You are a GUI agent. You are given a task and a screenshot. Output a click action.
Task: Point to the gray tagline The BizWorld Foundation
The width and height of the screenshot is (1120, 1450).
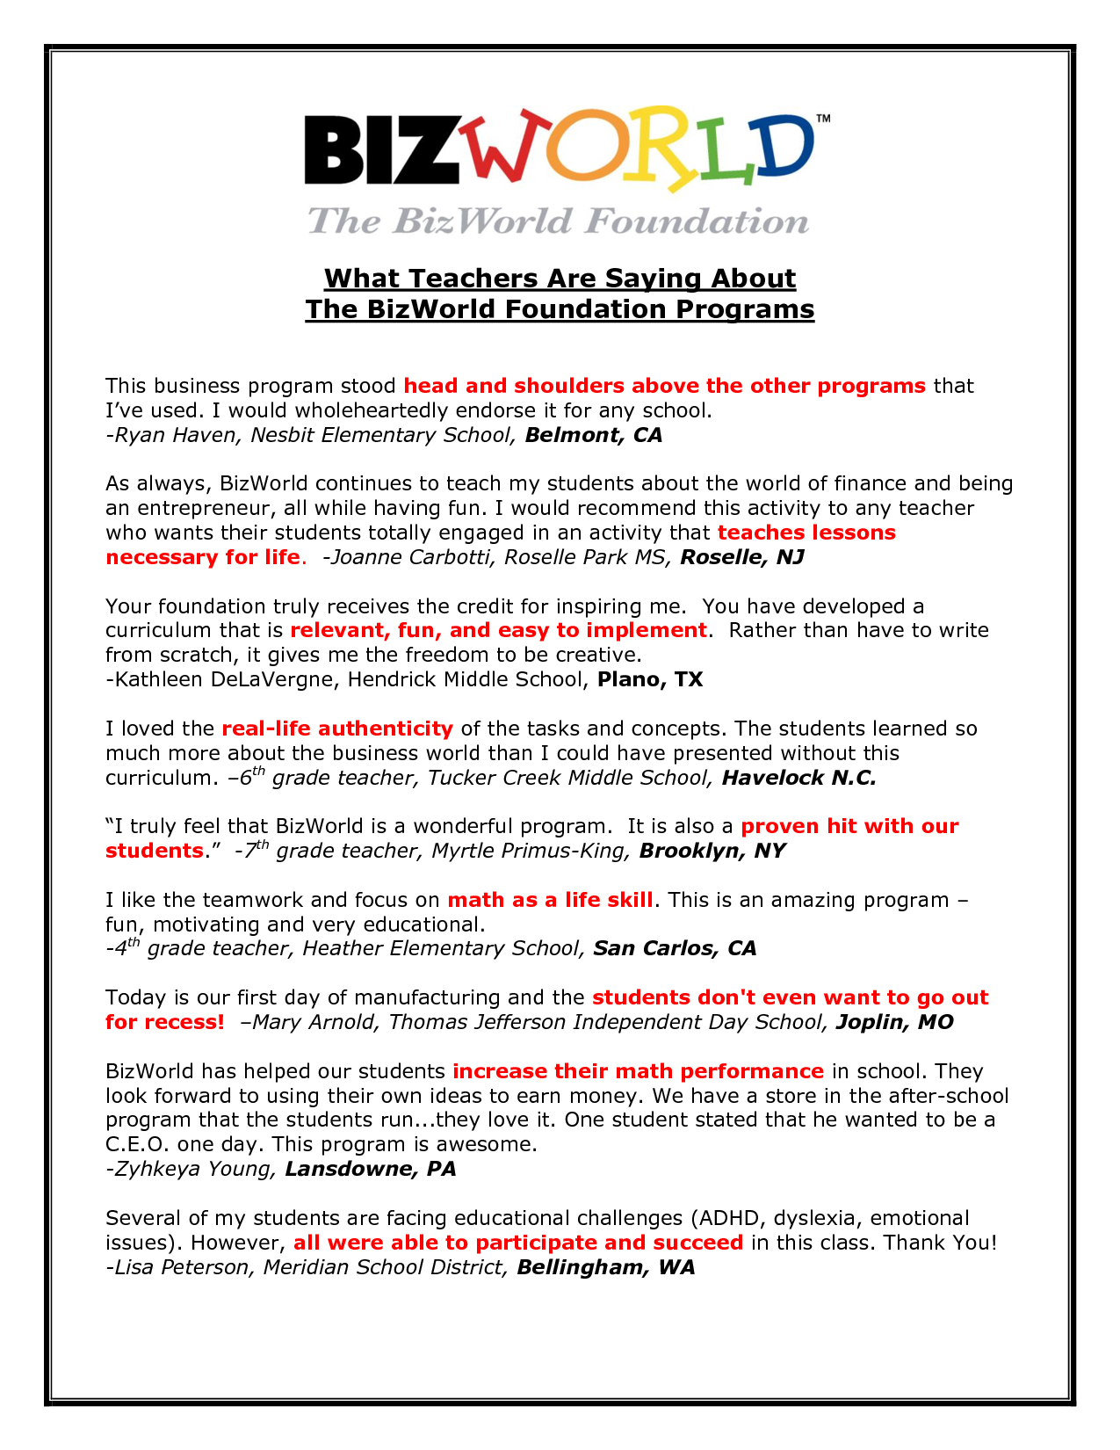point(558,221)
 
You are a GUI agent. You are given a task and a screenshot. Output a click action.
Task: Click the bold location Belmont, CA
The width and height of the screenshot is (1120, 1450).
point(594,435)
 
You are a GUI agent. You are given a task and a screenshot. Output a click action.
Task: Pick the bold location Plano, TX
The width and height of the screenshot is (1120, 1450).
point(650,679)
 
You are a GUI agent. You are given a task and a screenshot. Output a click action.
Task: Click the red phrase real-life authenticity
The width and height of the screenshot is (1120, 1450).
point(337,729)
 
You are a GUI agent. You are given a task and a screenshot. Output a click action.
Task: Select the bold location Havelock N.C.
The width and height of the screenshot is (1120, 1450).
point(798,778)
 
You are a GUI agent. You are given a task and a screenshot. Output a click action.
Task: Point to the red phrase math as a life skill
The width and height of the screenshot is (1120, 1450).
point(550,900)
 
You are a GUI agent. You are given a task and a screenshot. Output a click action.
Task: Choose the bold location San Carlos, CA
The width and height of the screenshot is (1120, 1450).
point(675,948)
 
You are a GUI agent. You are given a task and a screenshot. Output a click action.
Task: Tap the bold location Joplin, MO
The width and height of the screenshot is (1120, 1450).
point(894,1022)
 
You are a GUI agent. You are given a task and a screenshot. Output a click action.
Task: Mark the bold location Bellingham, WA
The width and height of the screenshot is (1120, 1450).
point(606,1267)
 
